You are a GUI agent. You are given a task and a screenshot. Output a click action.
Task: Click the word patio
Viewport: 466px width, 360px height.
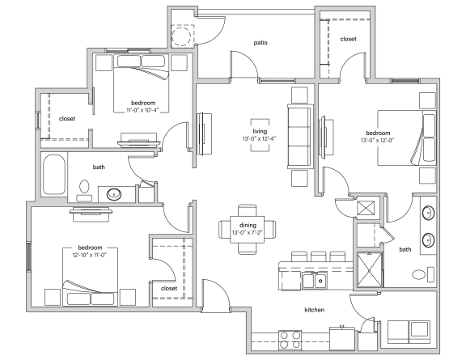(261, 43)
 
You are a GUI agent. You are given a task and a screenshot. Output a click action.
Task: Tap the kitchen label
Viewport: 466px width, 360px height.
(314, 310)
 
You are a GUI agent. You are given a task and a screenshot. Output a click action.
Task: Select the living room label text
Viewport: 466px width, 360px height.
(260, 131)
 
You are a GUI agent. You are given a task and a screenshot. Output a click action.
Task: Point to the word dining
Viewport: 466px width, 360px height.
(248, 226)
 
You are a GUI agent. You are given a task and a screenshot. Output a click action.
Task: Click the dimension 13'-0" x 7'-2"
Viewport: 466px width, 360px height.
(248, 233)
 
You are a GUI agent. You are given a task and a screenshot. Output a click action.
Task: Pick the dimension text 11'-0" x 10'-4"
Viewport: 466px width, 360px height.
(150, 111)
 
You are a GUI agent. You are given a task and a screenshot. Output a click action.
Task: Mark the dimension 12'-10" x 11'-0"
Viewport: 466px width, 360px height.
(89, 255)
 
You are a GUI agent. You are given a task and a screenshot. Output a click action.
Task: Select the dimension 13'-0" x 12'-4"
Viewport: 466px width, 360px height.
(260, 139)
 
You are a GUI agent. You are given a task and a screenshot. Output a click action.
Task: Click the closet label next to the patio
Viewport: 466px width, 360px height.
(349, 39)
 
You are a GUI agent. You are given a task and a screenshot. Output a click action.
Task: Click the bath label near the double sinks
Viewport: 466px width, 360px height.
(405, 251)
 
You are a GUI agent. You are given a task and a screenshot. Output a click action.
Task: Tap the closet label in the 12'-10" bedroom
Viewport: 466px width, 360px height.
(169, 288)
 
